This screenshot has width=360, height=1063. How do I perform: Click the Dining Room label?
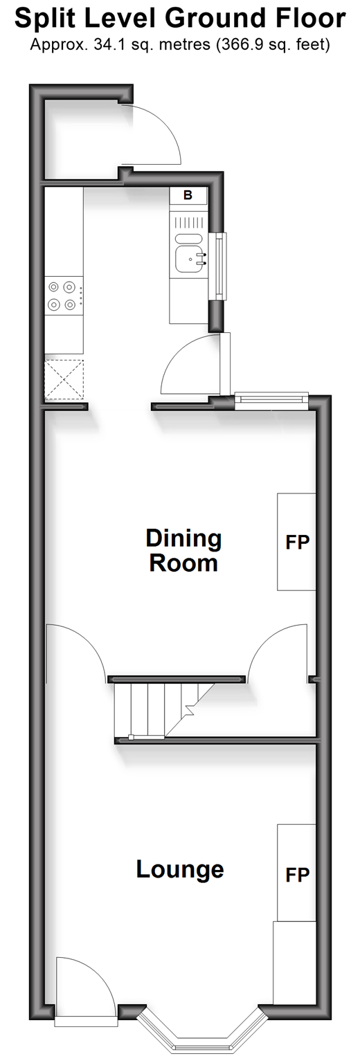point(183,550)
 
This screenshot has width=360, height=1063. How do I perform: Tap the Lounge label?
point(180,869)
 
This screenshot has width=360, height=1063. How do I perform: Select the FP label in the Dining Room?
point(297,542)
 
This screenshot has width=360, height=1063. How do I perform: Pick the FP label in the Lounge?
point(297,875)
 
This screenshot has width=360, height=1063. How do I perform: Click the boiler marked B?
point(188,195)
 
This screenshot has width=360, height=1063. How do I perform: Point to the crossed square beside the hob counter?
point(64,380)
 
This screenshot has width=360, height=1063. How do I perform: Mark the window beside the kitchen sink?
point(220,266)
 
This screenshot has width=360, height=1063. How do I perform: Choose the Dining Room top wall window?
point(271,401)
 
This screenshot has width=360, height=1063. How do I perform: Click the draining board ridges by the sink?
point(190,223)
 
